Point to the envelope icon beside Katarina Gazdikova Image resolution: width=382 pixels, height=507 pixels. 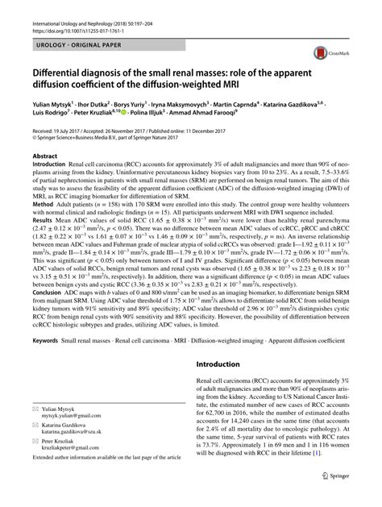36,434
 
